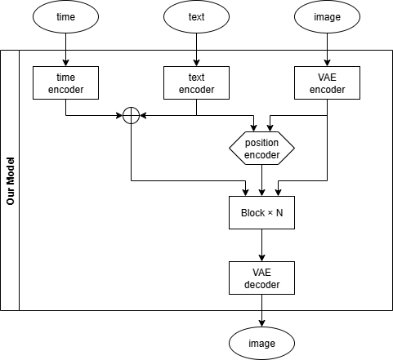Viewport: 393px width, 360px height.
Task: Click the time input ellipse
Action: point(65,17)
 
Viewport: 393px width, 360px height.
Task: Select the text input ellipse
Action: point(196,17)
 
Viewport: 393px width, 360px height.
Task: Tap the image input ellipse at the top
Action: point(327,17)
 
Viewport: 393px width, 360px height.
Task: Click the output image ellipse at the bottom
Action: point(261,344)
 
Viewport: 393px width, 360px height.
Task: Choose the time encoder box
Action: point(65,82)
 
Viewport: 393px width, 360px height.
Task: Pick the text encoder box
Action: point(196,82)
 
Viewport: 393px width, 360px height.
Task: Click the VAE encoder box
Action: point(327,82)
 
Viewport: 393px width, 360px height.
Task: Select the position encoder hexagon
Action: point(261,148)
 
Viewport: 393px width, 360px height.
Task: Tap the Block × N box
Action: point(261,213)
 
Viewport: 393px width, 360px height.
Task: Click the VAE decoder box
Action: point(261,278)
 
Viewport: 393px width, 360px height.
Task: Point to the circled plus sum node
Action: point(132,115)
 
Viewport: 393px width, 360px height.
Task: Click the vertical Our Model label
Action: point(10,180)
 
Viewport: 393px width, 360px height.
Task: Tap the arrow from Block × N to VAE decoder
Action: point(261,246)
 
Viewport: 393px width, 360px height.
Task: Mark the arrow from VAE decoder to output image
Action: point(261,311)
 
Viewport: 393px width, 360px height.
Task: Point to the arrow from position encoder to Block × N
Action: point(261,180)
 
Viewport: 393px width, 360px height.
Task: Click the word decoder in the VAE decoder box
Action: point(261,285)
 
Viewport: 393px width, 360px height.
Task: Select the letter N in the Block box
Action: point(281,213)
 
